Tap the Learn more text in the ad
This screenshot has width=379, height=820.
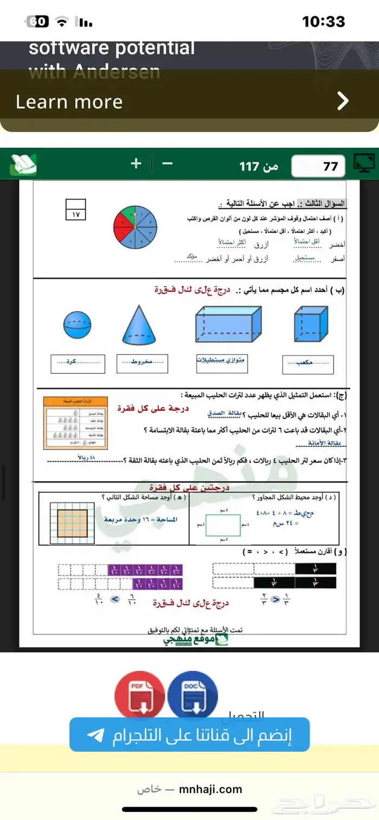(x=69, y=102)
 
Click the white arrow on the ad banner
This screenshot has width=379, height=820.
(x=343, y=101)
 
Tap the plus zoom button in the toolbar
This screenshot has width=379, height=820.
(x=136, y=163)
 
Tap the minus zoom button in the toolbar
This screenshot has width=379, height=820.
(x=168, y=163)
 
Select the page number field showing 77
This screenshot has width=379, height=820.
(x=318, y=167)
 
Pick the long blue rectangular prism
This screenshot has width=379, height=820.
(x=228, y=323)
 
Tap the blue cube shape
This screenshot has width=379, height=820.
(x=310, y=323)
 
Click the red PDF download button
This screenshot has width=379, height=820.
(x=139, y=692)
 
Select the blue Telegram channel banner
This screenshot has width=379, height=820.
(x=190, y=735)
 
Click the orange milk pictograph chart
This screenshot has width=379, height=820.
(x=75, y=422)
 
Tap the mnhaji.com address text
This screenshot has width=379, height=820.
(x=210, y=789)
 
